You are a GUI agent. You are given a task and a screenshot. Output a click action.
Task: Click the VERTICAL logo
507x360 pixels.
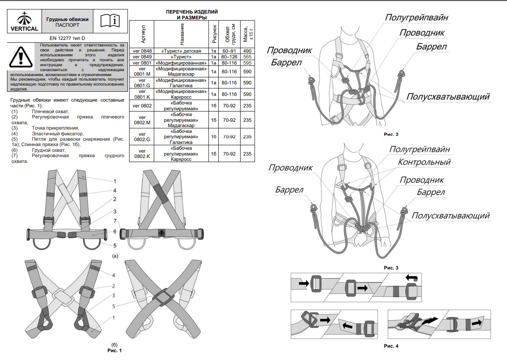[x=24, y=22]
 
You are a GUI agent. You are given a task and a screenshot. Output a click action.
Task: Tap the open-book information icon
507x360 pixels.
[x=111, y=20]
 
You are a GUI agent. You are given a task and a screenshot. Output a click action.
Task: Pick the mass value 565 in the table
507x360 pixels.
[x=247, y=57]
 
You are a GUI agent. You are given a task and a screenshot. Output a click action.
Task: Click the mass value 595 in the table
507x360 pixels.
[x=247, y=63]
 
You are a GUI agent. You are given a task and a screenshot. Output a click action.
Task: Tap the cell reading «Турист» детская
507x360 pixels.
[x=181, y=51]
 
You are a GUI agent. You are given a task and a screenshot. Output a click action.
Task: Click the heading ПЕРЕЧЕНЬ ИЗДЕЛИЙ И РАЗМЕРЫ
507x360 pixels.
[x=192, y=15]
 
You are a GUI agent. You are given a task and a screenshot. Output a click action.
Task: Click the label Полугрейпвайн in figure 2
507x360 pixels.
[x=416, y=17]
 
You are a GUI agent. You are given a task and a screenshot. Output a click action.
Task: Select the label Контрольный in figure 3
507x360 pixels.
[x=424, y=162]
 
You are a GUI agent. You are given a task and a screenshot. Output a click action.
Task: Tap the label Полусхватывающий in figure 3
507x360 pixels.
[x=450, y=216]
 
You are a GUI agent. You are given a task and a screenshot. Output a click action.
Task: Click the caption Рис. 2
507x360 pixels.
[x=391, y=134]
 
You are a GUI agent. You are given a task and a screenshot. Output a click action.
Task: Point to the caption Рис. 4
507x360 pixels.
[x=391, y=346]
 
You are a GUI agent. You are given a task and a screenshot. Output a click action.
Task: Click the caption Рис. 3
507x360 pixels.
[x=391, y=268]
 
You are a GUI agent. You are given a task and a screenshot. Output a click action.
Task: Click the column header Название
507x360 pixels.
[x=182, y=35]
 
